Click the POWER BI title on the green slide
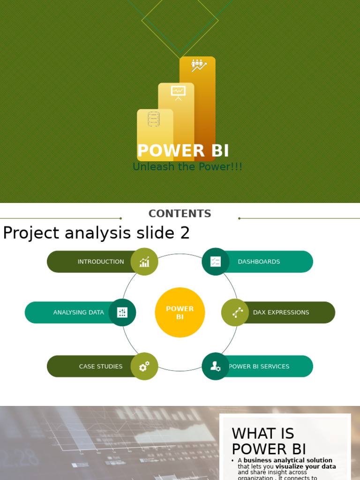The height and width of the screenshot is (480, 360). coord(183,151)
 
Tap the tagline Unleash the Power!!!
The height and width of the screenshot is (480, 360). coord(187,167)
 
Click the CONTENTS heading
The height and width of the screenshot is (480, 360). coord(180,214)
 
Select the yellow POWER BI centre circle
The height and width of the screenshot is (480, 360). coord(180,313)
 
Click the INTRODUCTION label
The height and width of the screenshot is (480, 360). coord(101,262)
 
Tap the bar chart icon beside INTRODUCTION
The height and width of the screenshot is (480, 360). coord(144,262)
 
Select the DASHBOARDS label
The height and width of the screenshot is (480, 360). coord(259,262)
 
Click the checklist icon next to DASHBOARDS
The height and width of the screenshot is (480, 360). coord(216,262)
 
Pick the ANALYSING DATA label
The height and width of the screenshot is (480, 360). coord(78,313)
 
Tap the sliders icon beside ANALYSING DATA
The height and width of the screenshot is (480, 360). coord(122,313)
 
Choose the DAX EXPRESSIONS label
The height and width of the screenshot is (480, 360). coord(281,313)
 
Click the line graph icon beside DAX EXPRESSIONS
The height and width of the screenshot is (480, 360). coord(238,313)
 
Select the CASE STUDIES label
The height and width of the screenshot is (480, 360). coord(101,367)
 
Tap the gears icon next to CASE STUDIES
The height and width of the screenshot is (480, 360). coord(144,367)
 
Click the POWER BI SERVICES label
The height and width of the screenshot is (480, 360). coord(259,367)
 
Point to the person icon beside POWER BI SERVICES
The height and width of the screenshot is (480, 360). coord(216,367)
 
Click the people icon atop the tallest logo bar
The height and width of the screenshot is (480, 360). coord(198,65)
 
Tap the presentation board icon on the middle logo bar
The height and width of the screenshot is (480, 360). coord(178,92)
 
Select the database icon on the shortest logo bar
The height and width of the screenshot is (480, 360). coord(154,119)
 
